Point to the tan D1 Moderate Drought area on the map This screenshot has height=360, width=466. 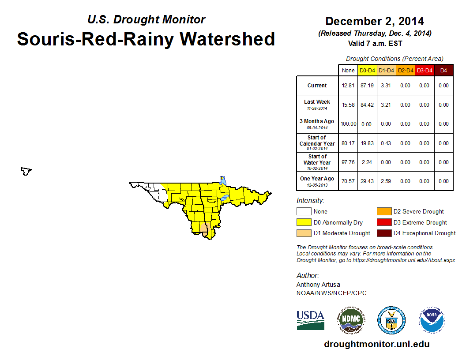[x=204, y=228]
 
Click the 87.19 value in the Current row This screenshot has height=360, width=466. [x=367, y=86]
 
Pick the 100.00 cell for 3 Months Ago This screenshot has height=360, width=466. [x=348, y=124]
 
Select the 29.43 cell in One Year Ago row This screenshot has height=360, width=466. [x=367, y=181]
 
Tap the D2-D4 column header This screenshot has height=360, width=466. [x=406, y=70]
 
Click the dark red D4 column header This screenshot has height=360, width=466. [x=443, y=70]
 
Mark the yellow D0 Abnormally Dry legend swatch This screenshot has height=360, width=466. [x=303, y=222]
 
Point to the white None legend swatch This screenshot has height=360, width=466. [x=303, y=212]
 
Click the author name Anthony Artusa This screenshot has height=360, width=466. [x=318, y=285]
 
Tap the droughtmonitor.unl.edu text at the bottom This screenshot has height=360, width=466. [x=376, y=344]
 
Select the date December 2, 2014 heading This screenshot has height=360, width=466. [x=374, y=21]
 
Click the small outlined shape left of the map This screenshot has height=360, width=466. [x=26, y=171]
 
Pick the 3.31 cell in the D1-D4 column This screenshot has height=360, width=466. [x=386, y=86]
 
